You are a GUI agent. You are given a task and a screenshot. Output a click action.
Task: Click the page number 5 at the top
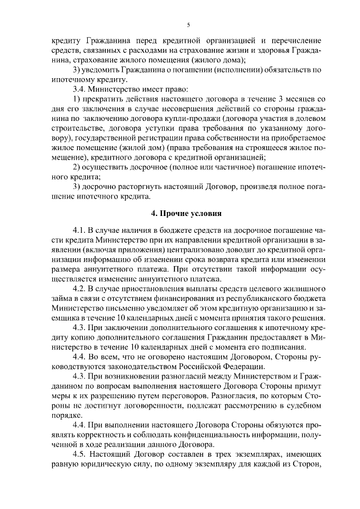pos(188,25)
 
